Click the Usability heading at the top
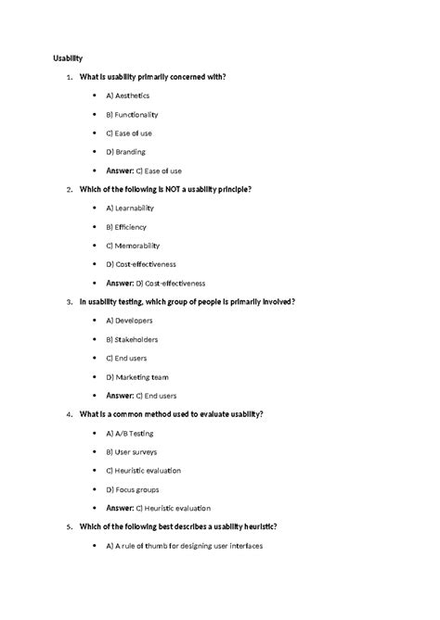tap(67, 57)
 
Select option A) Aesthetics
tap(128, 95)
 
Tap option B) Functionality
tap(132, 114)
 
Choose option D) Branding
tap(125, 151)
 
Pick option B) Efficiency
tap(126, 226)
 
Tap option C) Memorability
tap(133, 246)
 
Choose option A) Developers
tap(129, 321)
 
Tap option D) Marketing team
tap(136, 376)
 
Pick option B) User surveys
tap(131, 451)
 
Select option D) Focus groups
tap(133, 488)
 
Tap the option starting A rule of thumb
tap(185, 545)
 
